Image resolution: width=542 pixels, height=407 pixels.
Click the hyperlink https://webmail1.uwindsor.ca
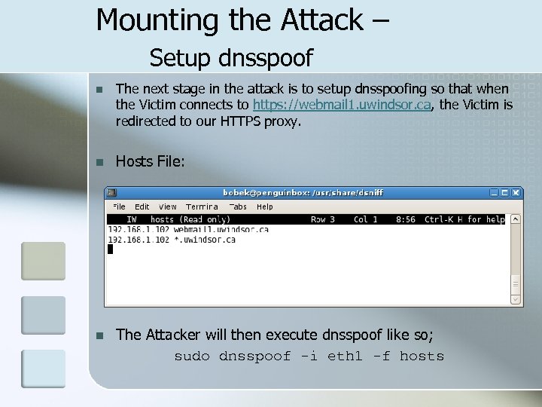tap(342, 105)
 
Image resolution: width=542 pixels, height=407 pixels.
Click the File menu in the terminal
tap(119, 207)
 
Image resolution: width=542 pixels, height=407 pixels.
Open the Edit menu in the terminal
tap(142, 207)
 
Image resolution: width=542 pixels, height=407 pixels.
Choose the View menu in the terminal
tap(168, 207)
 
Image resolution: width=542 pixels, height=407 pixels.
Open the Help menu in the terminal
tap(264, 207)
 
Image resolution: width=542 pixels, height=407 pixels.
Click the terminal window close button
tap(516, 193)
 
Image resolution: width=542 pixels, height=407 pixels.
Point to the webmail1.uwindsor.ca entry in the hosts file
tap(221, 229)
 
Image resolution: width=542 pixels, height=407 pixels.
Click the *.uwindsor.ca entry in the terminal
tap(205, 240)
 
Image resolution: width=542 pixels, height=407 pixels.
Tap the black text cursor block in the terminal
tap(110, 249)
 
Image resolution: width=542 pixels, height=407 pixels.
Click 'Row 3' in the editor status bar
tap(323, 219)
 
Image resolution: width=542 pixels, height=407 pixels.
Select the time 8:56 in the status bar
tap(406, 219)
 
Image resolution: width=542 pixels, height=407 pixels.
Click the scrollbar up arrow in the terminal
tap(516, 220)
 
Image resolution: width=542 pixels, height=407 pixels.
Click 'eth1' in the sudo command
tap(346, 357)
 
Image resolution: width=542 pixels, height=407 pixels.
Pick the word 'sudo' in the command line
tap(192, 357)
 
